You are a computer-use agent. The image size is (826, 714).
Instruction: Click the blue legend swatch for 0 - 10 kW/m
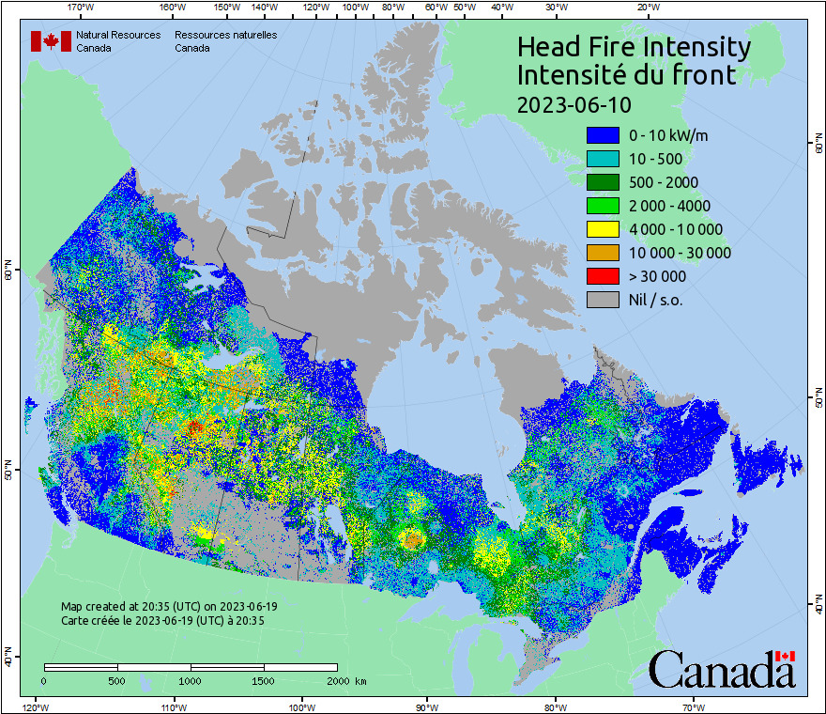point(603,135)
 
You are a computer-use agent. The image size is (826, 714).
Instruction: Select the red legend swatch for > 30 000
point(603,276)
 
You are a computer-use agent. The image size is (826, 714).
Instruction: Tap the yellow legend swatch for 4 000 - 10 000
point(603,229)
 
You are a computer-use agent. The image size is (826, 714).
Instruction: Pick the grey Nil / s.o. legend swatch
point(603,300)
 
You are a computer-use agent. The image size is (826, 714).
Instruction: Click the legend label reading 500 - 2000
point(664,182)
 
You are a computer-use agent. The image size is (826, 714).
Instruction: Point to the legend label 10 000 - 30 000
point(680,253)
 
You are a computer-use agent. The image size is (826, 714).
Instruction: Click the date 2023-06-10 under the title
point(574,103)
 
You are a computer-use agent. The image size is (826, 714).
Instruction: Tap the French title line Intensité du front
point(627,75)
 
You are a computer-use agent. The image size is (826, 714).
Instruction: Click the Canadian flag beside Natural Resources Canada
point(51,41)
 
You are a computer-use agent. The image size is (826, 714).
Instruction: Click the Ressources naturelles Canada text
point(225,41)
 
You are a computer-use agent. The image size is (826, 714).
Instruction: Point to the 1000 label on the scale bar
point(191,680)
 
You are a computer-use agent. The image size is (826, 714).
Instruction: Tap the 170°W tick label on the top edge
point(82,8)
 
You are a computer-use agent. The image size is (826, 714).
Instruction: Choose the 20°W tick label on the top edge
point(646,8)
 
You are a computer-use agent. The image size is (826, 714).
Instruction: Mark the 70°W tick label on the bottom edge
point(693,706)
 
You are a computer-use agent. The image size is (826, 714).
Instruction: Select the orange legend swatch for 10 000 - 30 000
point(603,253)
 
